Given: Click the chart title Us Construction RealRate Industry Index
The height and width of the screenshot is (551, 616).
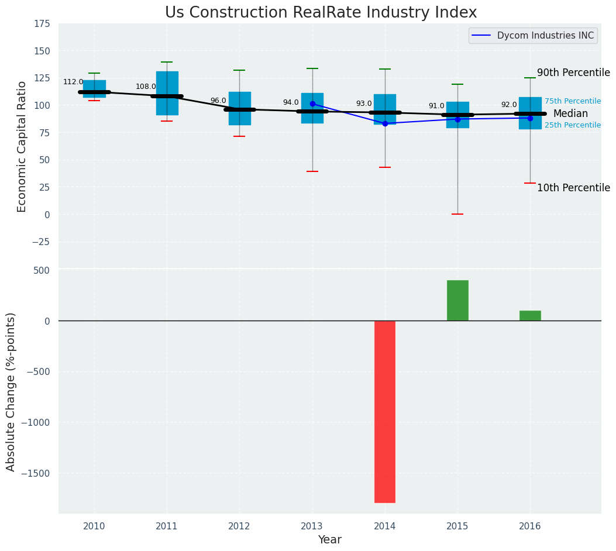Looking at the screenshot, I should [321, 13].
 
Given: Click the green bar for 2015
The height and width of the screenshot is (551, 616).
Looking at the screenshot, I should [457, 300].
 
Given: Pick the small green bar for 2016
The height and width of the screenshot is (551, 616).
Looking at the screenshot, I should [530, 315].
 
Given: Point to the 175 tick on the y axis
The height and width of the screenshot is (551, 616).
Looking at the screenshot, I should [42, 24].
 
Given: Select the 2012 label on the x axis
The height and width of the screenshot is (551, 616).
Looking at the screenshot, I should [239, 526].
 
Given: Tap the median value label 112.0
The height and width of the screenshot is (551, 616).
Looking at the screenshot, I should [73, 82].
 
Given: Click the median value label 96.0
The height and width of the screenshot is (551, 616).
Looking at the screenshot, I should [218, 101].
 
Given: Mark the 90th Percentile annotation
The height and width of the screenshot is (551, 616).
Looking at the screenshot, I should [573, 73].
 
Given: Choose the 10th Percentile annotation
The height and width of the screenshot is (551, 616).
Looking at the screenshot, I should [573, 188].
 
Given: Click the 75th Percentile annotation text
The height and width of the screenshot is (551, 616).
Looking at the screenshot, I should [573, 101].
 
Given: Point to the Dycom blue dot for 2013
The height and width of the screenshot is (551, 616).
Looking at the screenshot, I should [312, 104].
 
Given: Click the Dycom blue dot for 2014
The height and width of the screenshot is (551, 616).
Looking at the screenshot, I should [385, 123].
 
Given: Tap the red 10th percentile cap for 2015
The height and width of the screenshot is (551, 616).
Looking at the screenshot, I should [457, 214].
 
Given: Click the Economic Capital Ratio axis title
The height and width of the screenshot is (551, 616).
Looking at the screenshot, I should [22, 146].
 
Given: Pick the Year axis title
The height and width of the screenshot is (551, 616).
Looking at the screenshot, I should [330, 540].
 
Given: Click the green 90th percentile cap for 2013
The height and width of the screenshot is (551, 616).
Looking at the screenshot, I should [312, 68].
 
